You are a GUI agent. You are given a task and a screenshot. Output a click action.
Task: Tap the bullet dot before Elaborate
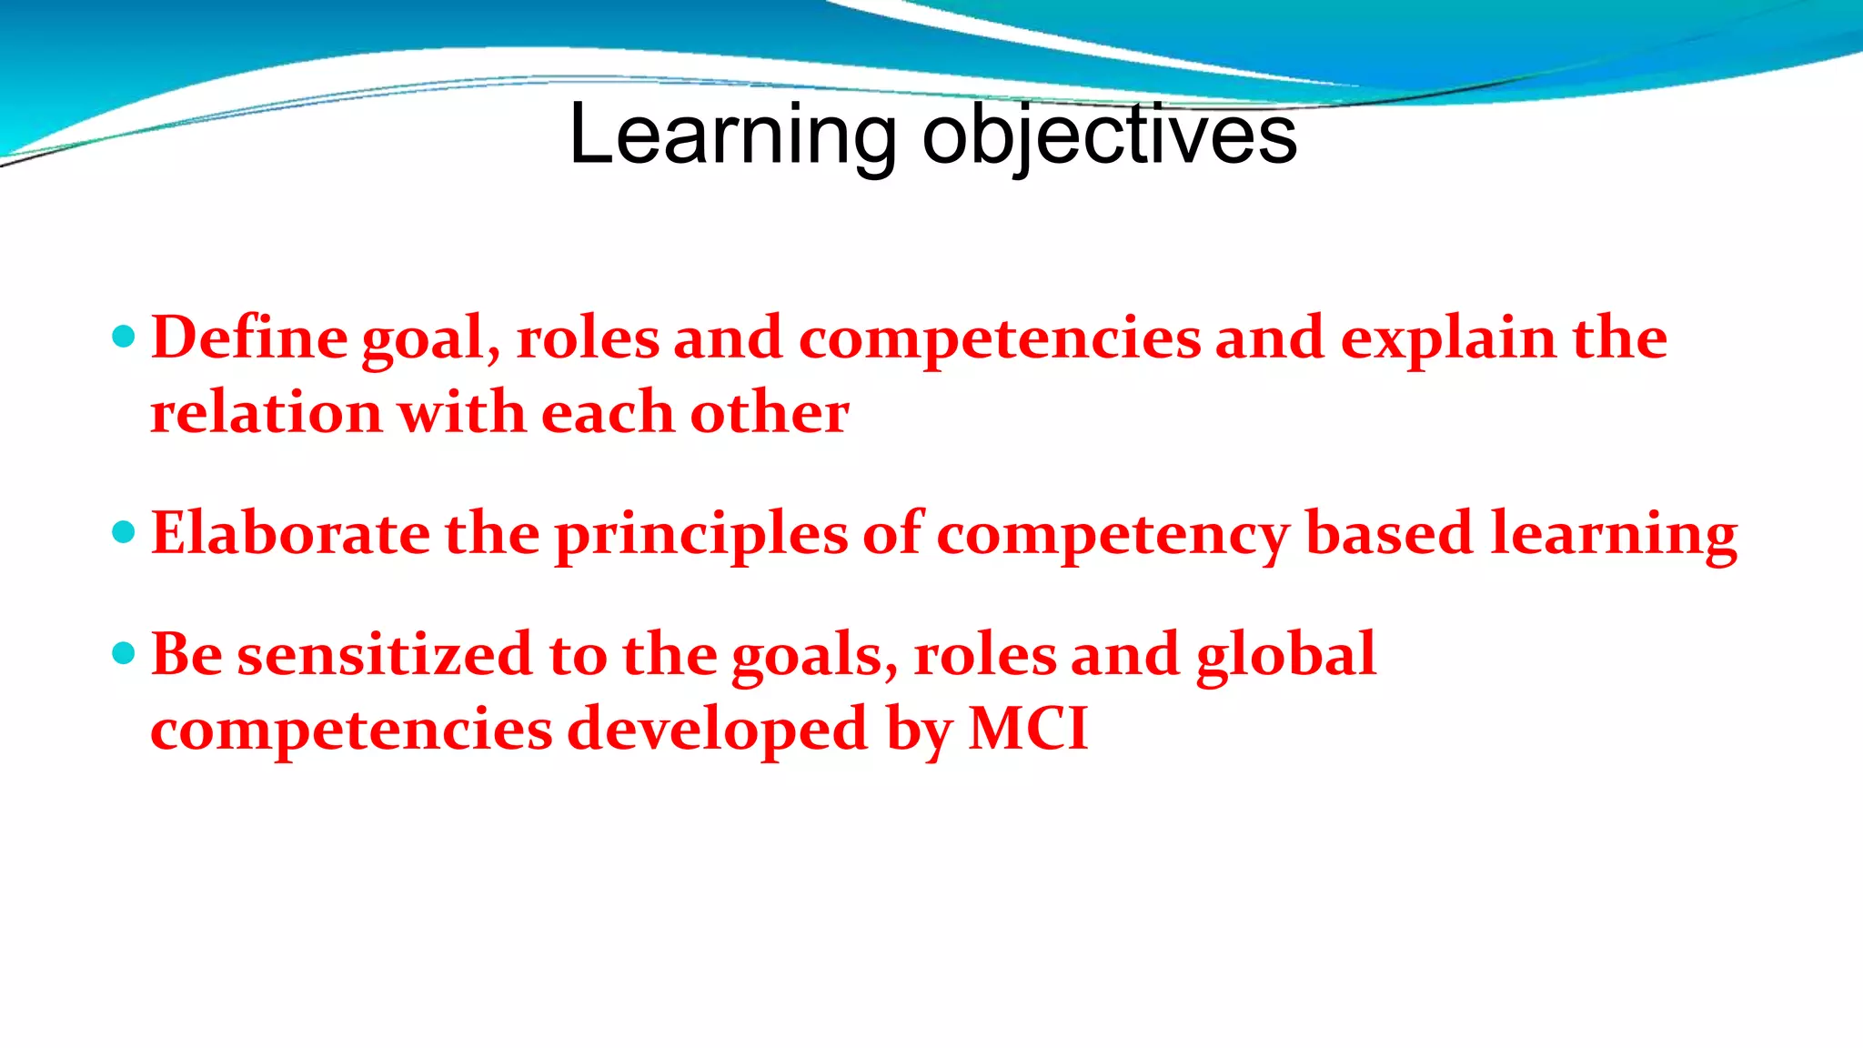click(x=124, y=532)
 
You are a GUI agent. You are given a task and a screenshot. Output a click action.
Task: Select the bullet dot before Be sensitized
click(x=124, y=653)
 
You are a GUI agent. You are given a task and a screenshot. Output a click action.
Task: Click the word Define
click(x=248, y=338)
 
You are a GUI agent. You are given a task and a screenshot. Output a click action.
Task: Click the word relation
click(x=266, y=413)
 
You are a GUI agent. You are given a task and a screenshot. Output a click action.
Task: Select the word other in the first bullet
click(x=770, y=413)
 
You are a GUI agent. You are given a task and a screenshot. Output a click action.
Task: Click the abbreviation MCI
click(x=1028, y=730)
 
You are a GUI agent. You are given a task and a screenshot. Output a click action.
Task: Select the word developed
click(x=718, y=731)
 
